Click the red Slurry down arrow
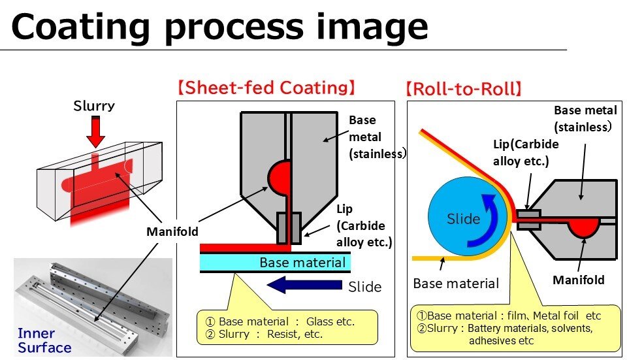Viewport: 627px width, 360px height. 95,132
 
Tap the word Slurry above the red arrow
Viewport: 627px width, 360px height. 94,106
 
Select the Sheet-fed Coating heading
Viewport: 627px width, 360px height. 266,88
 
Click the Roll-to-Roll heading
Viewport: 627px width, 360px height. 464,88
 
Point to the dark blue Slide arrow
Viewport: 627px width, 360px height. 304,285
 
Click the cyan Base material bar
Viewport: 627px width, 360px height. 275,263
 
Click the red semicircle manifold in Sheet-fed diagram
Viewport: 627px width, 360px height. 279,177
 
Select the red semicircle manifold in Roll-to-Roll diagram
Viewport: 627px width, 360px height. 584,227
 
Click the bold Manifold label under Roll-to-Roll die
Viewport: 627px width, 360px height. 578,280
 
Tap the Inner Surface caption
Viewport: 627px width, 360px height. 44,340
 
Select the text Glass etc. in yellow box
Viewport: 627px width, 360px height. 330,321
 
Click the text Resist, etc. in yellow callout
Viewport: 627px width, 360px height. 295,334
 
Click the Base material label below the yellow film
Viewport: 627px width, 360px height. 456,283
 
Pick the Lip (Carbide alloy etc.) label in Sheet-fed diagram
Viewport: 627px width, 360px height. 363,225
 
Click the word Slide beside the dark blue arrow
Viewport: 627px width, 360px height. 364,287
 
